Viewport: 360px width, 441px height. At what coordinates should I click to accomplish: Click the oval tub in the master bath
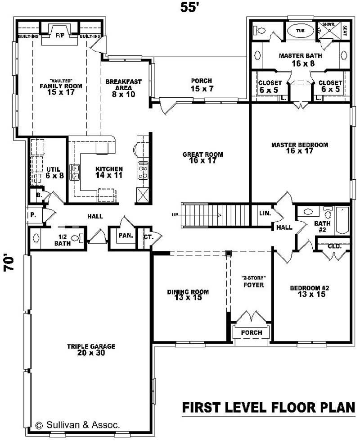tap(300, 30)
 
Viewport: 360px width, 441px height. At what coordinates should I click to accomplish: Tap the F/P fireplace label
tap(59, 36)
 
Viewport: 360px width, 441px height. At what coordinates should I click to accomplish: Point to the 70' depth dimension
tap(9, 263)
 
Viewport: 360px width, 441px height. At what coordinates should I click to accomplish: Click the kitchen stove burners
tap(143, 171)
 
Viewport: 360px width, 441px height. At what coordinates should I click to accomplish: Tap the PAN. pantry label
tap(126, 236)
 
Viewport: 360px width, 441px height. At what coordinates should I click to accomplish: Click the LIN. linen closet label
tap(265, 213)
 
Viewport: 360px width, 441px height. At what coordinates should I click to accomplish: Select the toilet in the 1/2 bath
tap(77, 238)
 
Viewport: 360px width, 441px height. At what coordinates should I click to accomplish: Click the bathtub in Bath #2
tap(342, 221)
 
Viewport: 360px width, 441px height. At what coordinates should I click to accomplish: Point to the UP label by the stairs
tap(175, 215)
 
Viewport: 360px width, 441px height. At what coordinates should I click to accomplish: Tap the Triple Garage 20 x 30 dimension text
tap(91, 353)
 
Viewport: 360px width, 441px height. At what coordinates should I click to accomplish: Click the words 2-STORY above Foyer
tap(253, 277)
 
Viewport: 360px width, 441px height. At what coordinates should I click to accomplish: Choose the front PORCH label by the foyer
tap(252, 333)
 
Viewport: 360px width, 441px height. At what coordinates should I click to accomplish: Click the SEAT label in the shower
tap(345, 31)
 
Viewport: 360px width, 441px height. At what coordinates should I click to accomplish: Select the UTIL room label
tap(53, 169)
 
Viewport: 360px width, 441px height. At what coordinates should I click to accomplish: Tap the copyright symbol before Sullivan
tap(40, 426)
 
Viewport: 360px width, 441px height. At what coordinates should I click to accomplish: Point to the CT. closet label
tap(148, 237)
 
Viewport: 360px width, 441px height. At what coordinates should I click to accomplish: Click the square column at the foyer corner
tap(229, 253)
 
